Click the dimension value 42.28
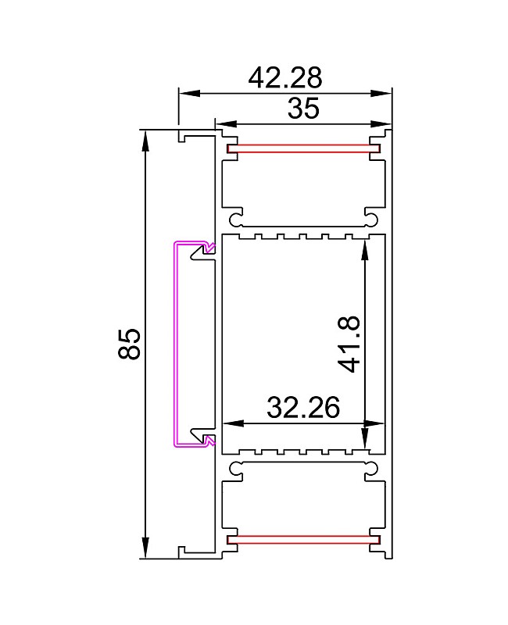coord(284,78)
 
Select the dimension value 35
coord(302,109)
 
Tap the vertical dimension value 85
coord(130,344)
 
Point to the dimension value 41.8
coord(349,344)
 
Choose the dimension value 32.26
coord(302,408)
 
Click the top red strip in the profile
coord(298,148)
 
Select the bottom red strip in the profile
coord(298,539)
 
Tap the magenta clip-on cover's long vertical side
coord(175,344)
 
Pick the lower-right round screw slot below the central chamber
coord(370,469)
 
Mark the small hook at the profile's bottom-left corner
coord(182,552)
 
